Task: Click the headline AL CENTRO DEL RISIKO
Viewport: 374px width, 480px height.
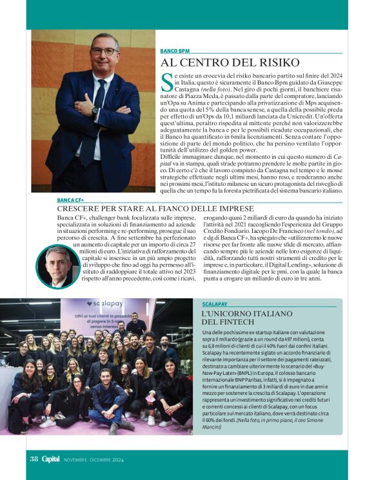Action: [x=230, y=63]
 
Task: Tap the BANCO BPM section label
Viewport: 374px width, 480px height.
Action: [x=175, y=50]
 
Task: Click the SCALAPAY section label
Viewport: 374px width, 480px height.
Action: [x=214, y=303]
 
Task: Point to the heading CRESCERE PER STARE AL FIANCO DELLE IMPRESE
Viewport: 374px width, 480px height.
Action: [x=146, y=210]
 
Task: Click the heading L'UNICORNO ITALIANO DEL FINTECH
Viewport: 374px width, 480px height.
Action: [x=238, y=317]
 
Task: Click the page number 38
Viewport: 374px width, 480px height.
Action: [x=34, y=459]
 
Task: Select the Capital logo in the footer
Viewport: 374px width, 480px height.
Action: [x=51, y=459]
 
